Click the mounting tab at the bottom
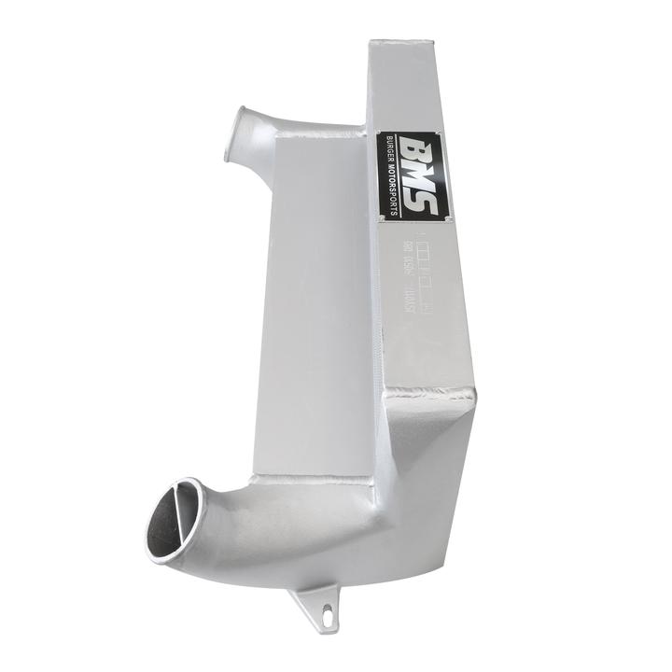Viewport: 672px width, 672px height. pos(316,607)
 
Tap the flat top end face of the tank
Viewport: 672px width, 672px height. pos(401,47)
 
